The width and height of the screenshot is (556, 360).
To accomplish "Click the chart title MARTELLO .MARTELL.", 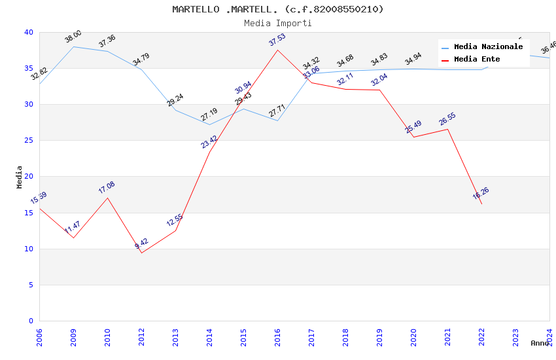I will tap(278, 9).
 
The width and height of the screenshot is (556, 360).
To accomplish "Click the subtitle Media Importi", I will tap(278, 23).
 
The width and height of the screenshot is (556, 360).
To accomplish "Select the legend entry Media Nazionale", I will tap(488, 46).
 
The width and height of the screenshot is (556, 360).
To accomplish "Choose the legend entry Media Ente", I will tap(477, 59).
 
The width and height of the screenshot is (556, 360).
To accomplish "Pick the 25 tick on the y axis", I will tap(29, 141).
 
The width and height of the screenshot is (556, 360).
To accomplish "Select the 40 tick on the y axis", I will tap(29, 32).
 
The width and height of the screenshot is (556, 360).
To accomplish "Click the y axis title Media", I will tap(20, 177).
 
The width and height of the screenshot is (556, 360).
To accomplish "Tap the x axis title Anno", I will tap(540, 343).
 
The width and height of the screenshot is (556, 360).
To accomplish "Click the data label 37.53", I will tap(277, 41).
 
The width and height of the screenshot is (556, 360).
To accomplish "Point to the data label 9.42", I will tap(141, 243).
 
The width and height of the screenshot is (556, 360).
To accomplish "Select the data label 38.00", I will tap(73, 37).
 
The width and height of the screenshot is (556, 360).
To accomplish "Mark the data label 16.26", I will tap(481, 193).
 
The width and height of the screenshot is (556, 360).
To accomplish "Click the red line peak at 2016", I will tap(278, 50).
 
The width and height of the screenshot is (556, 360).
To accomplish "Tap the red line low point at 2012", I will tap(141, 253).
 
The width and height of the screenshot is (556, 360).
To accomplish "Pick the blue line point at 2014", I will tap(209, 124).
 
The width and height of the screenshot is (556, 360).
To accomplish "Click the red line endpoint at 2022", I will tap(482, 204).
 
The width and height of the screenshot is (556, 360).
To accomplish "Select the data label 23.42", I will tap(209, 142).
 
